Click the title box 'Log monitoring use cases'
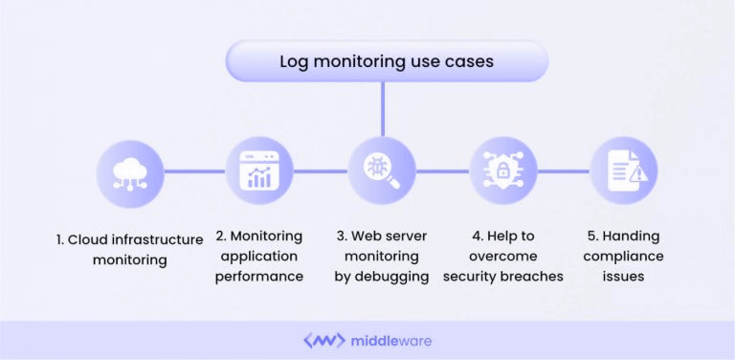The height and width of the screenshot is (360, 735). pyautogui.click(x=386, y=62)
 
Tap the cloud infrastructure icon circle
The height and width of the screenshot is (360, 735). pyautogui.click(x=130, y=171)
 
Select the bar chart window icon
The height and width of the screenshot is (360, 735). pyautogui.click(x=258, y=171)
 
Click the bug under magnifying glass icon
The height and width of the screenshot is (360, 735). pyautogui.click(x=382, y=171)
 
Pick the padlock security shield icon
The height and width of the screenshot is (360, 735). pyautogui.click(x=503, y=171)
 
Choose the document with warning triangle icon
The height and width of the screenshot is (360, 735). pyautogui.click(x=623, y=171)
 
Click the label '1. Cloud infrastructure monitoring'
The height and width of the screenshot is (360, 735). pyautogui.click(x=130, y=248)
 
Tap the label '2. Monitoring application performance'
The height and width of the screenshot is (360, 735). pyautogui.click(x=258, y=256)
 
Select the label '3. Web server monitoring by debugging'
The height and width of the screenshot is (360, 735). pyautogui.click(x=382, y=256)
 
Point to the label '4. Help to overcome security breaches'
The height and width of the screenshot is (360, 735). pyautogui.click(x=503, y=256)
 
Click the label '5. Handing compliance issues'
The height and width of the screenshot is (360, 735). pyautogui.click(x=623, y=256)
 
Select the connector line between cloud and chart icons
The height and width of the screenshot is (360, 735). pyautogui.click(x=194, y=171)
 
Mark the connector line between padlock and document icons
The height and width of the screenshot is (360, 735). pyautogui.click(x=564, y=171)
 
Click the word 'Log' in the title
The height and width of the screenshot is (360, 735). pyautogui.click(x=293, y=62)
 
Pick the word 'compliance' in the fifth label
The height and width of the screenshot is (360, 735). pyautogui.click(x=623, y=256)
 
